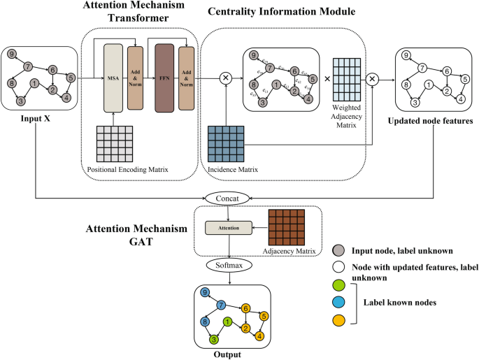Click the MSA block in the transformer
[114, 78]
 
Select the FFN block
[164, 78]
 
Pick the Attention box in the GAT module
[222, 228]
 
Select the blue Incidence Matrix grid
[226, 145]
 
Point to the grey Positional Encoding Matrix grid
[114, 145]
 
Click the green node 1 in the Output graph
[227, 322]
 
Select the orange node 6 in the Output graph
[245, 308]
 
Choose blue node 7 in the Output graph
[220, 305]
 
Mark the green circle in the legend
[338, 285]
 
